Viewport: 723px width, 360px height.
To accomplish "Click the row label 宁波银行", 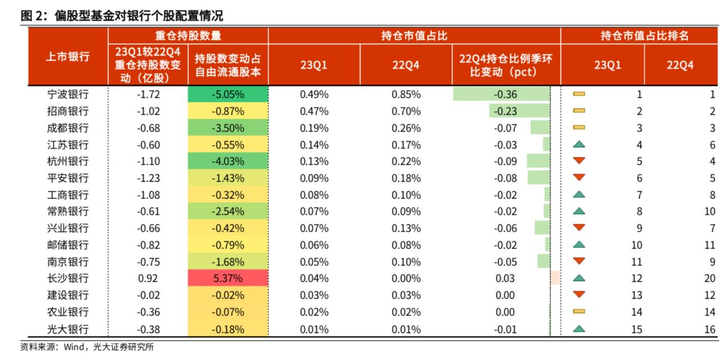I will pyautogui.click(x=68, y=94).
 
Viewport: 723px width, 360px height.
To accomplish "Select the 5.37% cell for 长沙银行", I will pyautogui.click(x=228, y=278).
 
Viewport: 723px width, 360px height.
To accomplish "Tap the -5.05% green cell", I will pyautogui.click(x=228, y=94).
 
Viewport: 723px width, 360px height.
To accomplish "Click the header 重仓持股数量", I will pyautogui.click(x=188, y=36).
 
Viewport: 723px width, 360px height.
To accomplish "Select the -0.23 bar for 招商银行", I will pyautogui.click(x=519, y=111).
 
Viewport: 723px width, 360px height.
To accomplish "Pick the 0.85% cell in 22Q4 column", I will pyautogui.click(x=406, y=94).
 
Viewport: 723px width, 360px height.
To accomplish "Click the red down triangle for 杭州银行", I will pyautogui.click(x=579, y=161).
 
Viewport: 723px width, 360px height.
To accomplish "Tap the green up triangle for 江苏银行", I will pyautogui.click(x=579, y=145).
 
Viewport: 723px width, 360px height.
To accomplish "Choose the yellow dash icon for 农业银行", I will pyautogui.click(x=579, y=312).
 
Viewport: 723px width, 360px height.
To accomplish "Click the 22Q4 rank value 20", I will pyautogui.click(x=710, y=278).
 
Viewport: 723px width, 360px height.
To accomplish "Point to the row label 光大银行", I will pyautogui.click(x=68, y=329).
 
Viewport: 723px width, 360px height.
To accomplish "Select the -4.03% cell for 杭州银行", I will pyautogui.click(x=228, y=161).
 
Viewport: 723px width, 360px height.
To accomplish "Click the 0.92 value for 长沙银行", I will pyautogui.click(x=148, y=278).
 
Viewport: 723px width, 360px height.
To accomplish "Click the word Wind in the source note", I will pyautogui.click(x=73, y=347).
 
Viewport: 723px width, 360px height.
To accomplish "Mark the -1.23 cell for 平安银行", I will pyautogui.click(x=148, y=178).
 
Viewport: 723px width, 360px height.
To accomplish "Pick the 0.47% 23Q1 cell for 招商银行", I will pyautogui.click(x=314, y=111).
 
